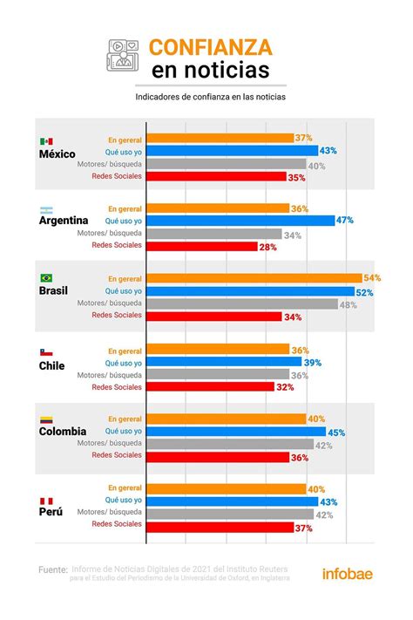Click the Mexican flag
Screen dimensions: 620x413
[x=46, y=141]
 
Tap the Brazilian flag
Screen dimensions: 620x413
[x=46, y=278]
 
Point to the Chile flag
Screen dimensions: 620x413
[x=46, y=352]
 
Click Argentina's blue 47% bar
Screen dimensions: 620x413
[x=240, y=221]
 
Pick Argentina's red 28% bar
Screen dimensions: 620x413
[x=202, y=247]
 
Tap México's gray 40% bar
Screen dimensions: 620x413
[x=227, y=164]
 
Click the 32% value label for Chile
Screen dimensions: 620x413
[x=285, y=387]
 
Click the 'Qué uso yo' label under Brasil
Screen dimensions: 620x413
[x=124, y=291]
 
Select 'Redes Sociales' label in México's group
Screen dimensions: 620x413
[x=117, y=176]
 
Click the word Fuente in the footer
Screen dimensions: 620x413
[x=52, y=569]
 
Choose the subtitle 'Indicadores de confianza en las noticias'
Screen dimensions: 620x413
[x=211, y=97]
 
